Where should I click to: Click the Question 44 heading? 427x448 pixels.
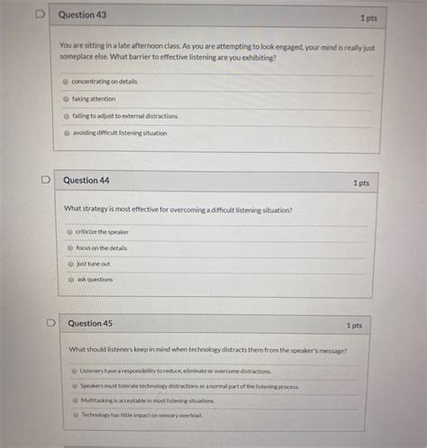coord(86,180)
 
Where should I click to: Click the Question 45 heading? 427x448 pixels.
coord(90,323)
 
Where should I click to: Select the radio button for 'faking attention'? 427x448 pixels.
coord(66,99)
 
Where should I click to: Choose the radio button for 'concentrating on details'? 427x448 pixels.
coord(66,82)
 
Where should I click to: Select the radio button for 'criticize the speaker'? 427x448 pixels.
coord(69,231)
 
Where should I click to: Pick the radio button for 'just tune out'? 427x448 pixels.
coord(69,264)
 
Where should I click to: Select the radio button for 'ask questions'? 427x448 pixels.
coord(69,280)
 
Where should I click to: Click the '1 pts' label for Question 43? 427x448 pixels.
coord(368,17)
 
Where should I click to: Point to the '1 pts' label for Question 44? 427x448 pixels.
coord(360,183)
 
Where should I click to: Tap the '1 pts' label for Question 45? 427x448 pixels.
coord(354,326)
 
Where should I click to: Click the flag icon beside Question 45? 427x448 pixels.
coord(50,322)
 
